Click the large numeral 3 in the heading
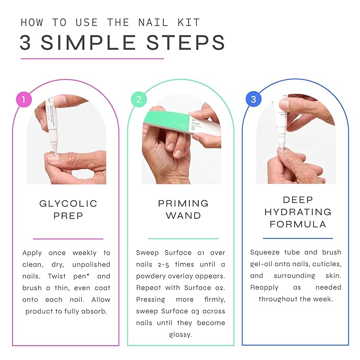pos(26,43)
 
